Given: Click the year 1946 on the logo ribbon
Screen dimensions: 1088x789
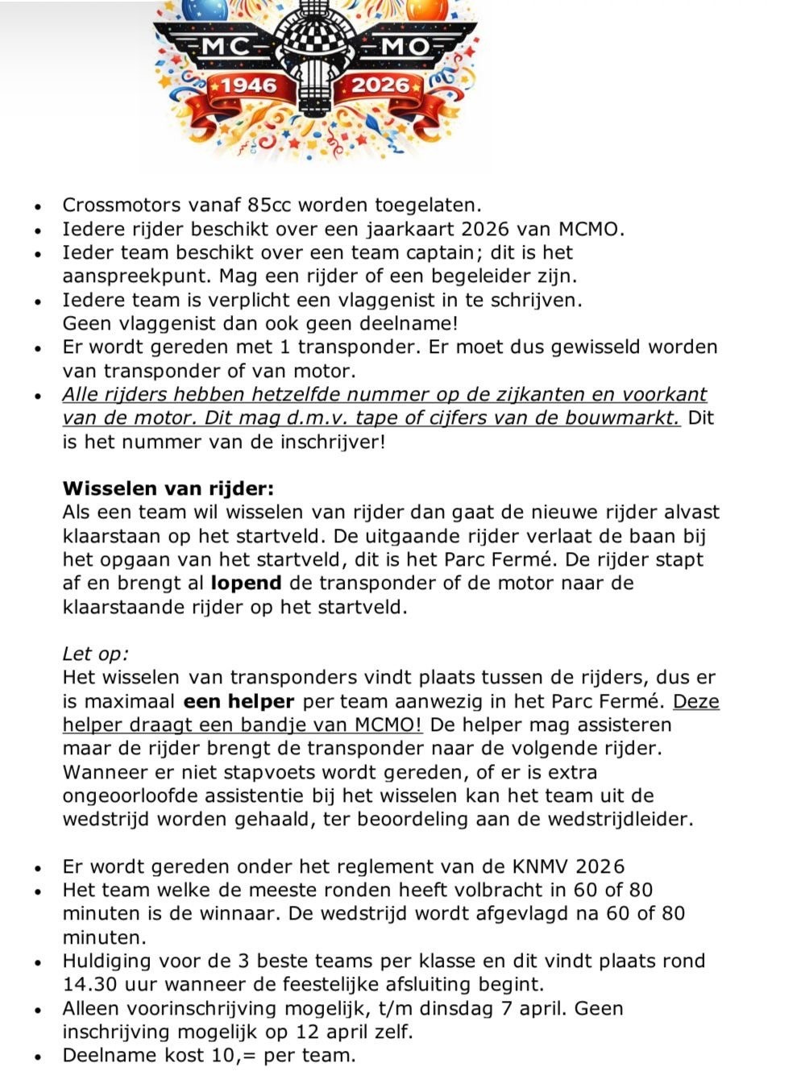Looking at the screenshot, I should tap(248, 85).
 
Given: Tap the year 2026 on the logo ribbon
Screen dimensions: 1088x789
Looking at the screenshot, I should tap(381, 85).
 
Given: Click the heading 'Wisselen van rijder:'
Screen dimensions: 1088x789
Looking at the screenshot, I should tap(168, 488).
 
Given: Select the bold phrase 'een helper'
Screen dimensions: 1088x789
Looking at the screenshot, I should tap(239, 701).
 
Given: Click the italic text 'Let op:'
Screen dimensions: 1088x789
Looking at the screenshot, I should tap(95, 654).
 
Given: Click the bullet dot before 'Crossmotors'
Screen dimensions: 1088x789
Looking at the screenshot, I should tap(38, 206).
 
